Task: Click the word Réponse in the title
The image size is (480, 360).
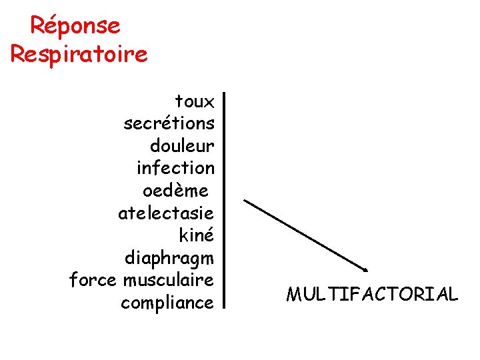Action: click(x=75, y=26)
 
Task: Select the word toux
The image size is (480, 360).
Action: click(x=195, y=102)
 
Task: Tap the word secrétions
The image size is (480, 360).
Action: click(x=169, y=124)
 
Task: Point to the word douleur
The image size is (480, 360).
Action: click(x=182, y=146)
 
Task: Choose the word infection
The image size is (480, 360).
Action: click(x=175, y=168)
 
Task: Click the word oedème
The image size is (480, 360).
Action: click(x=175, y=191)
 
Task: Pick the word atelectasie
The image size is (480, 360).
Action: click(x=166, y=213)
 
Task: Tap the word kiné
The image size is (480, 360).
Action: click(x=197, y=235)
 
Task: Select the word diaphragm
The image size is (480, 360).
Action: click(x=169, y=259)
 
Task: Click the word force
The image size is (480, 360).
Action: click(x=93, y=280)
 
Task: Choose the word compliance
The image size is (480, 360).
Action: click(x=167, y=303)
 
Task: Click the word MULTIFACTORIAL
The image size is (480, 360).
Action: click(x=372, y=295)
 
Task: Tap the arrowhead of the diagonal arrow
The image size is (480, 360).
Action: click(x=365, y=269)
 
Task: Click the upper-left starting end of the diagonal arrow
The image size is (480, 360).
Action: click(x=245, y=200)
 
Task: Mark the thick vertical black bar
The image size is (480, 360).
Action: click(x=225, y=201)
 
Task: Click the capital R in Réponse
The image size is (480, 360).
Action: click(x=39, y=26)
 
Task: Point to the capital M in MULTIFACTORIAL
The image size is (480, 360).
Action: click(x=293, y=295)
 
